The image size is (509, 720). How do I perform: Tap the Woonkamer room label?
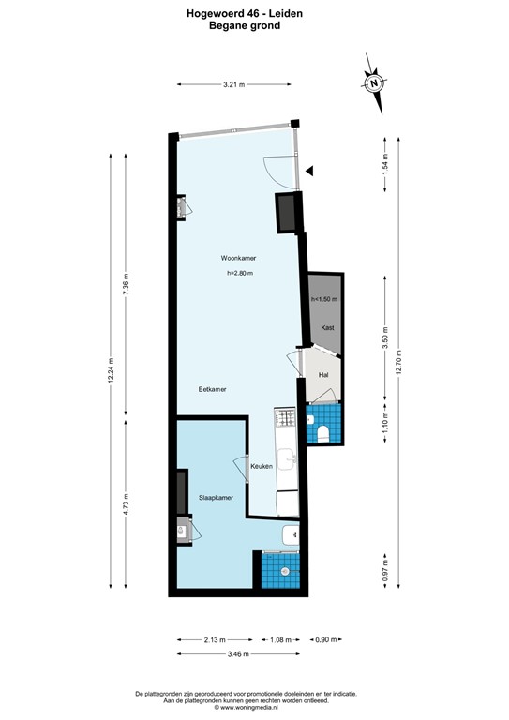239,258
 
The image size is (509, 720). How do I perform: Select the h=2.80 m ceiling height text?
240,273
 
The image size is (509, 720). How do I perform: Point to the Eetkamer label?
212,388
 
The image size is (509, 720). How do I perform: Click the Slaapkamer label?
216,498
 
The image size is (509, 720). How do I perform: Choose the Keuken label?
262,465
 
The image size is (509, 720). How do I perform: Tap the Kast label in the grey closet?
327,327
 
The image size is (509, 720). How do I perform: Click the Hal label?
323,374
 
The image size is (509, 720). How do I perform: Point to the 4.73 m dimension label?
126,506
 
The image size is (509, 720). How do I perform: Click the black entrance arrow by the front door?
311,170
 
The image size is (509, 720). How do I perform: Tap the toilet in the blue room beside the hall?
322,432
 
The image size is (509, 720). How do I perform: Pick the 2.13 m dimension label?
214,640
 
